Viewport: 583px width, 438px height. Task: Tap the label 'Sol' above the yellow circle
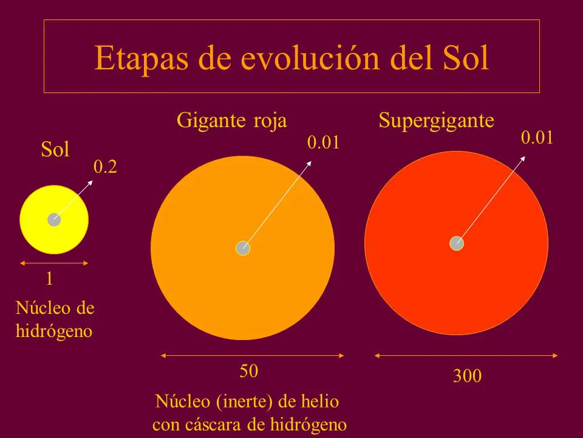[55, 150]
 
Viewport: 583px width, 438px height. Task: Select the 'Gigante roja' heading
[231, 120]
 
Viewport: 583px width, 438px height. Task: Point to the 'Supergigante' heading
[437, 120]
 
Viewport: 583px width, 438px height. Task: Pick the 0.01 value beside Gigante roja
[322, 143]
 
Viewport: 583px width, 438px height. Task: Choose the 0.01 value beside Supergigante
[537, 138]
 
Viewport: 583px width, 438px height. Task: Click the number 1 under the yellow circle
[49, 279]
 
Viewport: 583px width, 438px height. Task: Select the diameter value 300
[467, 377]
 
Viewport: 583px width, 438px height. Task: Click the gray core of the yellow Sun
[54, 220]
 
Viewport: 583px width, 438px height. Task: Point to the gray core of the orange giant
[243, 248]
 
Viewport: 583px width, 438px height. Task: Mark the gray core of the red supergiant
[457, 243]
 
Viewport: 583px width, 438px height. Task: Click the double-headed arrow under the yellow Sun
[54, 263]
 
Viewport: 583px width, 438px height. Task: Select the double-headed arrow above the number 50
[252, 355]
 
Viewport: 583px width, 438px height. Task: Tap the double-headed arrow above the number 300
[466, 355]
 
